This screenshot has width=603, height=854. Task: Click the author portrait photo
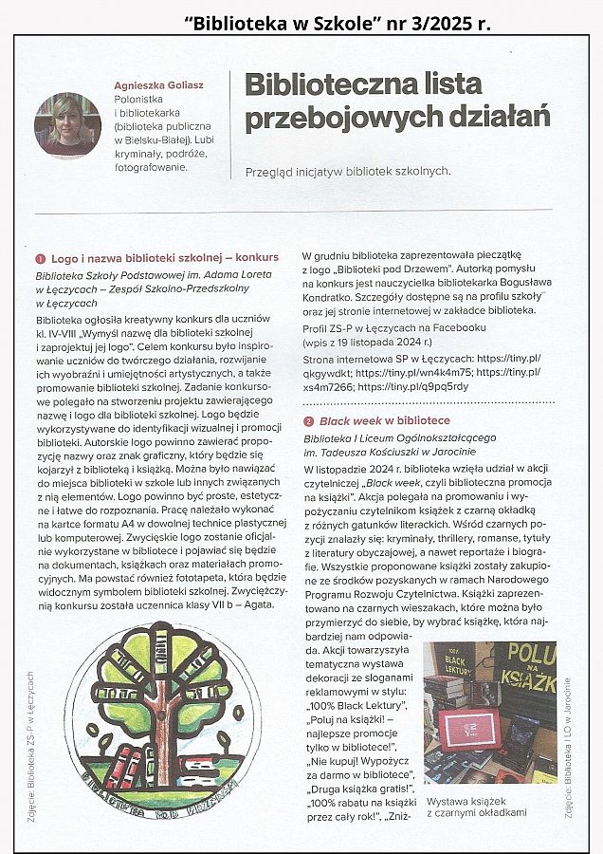point(67,124)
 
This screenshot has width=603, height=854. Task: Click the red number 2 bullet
point(308,420)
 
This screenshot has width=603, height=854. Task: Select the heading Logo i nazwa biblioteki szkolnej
point(142,257)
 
